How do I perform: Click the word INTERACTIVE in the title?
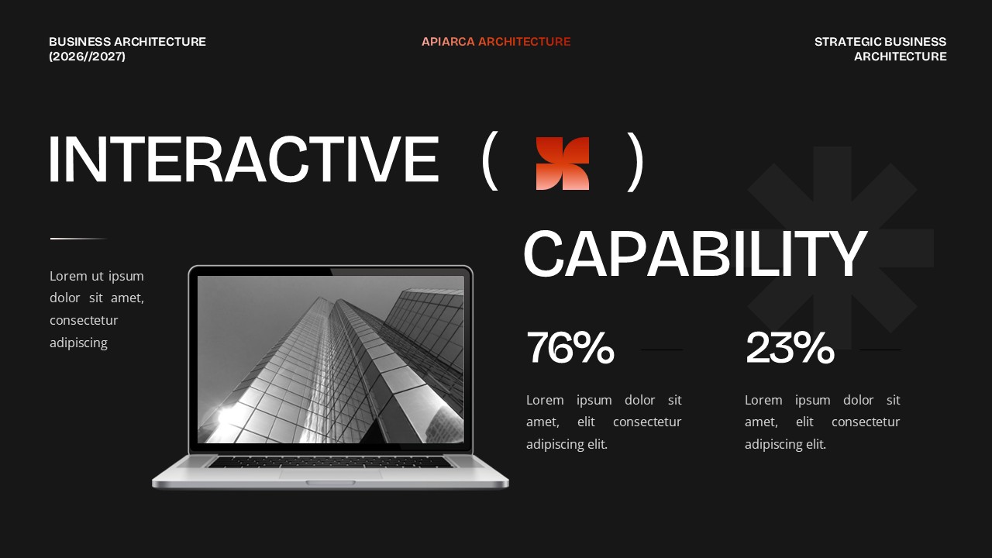click(243, 160)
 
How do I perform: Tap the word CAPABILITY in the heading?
click(694, 254)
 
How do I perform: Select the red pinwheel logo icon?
click(563, 164)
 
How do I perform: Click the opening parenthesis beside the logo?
click(488, 161)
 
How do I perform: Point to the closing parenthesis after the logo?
click(635, 161)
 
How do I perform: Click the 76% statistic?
click(570, 348)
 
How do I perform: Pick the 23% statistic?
click(790, 348)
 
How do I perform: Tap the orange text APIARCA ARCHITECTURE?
click(496, 42)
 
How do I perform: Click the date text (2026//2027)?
click(87, 57)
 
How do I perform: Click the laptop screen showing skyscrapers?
click(331, 360)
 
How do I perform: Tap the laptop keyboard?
click(329, 462)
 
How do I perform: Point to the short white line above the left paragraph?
click(78, 239)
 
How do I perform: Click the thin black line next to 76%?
click(662, 350)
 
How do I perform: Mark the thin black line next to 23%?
click(880, 350)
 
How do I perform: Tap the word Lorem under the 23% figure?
click(763, 400)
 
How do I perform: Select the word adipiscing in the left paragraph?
click(78, 343)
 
